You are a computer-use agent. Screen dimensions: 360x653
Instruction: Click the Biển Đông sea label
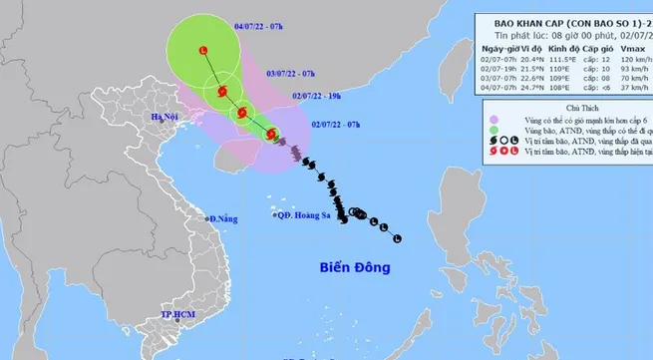pos(354,267)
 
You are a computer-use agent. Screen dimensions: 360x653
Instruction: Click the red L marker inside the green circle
pos(204,51)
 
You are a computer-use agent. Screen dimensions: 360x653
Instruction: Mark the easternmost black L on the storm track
pos(397,237)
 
